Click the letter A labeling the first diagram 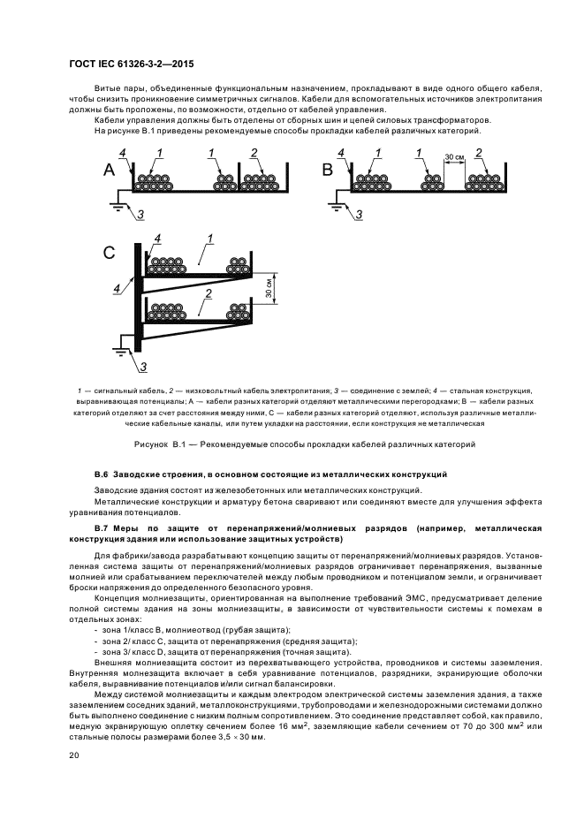110,170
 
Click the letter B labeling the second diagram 329,170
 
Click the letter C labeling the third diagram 110,254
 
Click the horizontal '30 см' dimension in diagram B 453,157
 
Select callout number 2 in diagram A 254,155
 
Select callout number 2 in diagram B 478,154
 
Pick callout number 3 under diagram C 144,368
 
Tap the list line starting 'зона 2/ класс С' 225,640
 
